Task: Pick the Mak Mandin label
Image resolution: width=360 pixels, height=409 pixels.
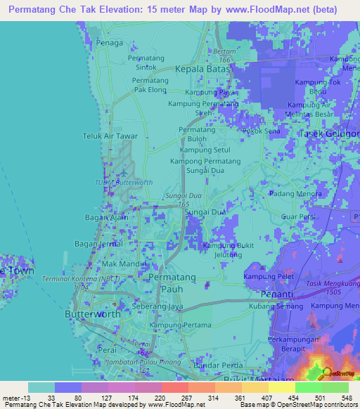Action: coord(124,264)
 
